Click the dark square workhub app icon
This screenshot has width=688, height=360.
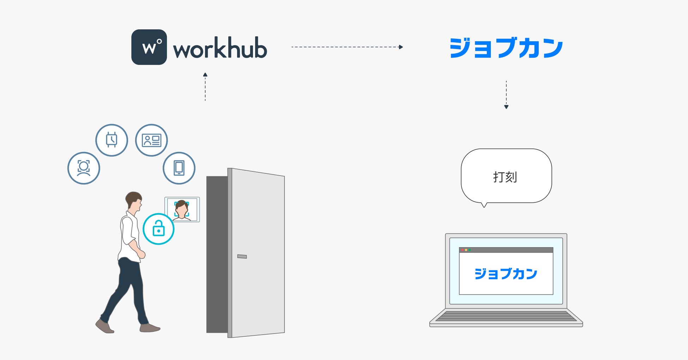click(149, 47)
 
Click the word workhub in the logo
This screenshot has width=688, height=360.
click(220, 48)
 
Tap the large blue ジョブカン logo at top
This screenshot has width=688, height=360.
click(506, 48)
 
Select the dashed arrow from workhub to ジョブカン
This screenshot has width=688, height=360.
click(347, 47)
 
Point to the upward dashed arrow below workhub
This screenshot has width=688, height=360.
click(205, 87)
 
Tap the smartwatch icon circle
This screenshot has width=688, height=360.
click(111, 140)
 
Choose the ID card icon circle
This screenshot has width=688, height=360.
click(151, 140)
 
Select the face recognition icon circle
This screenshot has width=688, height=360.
click(84, 168)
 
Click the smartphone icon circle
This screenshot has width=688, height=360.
click(179, 168)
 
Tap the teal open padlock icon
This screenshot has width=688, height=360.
click(158, 229)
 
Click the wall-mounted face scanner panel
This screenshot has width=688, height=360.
click(182, 209)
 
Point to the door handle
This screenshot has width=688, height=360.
click(242, 256)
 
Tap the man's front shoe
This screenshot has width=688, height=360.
click(150, 328)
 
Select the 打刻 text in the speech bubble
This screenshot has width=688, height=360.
click(505, 177)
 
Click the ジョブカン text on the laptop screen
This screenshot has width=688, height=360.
click(506, 274)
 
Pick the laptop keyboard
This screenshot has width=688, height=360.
click(506, 316)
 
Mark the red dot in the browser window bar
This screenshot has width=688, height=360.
click(463, 250)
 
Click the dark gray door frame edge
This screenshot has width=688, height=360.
click(217, 254)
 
